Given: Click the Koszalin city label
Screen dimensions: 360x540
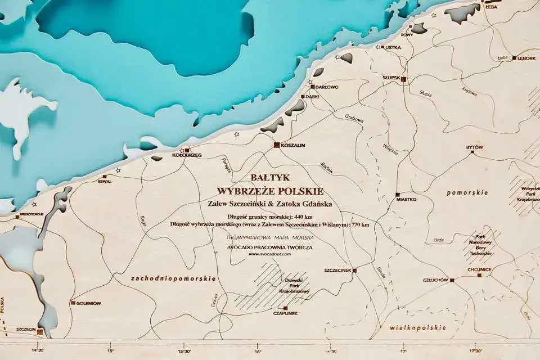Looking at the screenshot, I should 292,145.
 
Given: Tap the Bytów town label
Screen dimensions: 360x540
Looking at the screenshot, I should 475,147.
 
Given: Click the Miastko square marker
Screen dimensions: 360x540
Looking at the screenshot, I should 397,194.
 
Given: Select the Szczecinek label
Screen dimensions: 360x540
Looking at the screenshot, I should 337,271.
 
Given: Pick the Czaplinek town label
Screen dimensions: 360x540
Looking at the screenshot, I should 285,313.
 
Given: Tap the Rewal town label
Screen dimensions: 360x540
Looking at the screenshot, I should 105,182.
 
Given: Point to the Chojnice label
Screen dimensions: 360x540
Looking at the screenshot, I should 479,269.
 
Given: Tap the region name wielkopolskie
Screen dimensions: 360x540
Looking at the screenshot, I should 418,327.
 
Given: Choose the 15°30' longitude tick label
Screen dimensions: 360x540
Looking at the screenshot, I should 184,352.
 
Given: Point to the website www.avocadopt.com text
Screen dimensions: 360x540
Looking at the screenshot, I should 269,254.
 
